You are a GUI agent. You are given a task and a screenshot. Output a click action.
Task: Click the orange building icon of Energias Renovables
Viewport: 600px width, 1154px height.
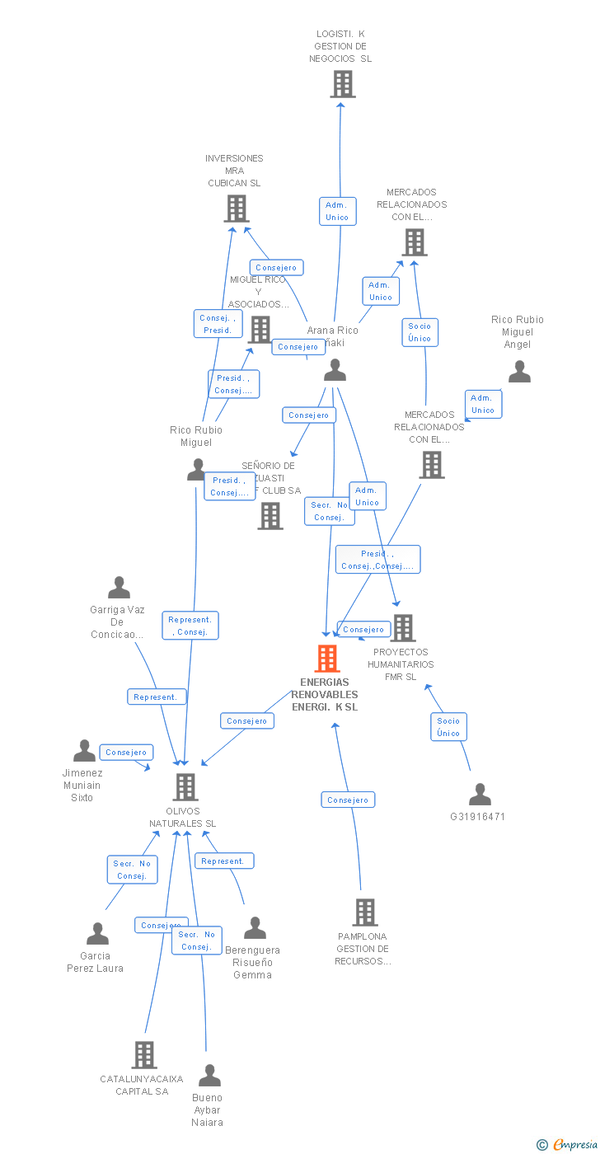(x=327, y=659)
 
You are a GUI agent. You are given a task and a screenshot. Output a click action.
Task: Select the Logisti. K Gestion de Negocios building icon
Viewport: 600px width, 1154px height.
(x=342, y=84)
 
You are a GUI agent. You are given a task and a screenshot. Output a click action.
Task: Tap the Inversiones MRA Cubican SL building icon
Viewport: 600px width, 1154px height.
(x=237, y=209)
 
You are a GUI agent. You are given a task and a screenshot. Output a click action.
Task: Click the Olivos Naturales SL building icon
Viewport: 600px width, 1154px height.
(x=185, y=787)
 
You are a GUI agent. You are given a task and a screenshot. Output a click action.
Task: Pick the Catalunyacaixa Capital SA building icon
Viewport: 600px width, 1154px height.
(x=144, y=1055)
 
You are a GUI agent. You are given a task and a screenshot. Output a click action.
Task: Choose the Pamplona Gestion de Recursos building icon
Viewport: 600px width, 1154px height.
(x=365, y=912)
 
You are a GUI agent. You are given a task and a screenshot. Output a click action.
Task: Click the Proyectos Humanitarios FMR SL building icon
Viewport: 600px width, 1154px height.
(x=402, y=628)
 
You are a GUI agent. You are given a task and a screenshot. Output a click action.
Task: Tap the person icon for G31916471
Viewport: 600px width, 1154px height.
(x=480, y=795)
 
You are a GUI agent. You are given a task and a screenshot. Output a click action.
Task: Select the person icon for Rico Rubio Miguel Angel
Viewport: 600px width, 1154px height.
(x=519, y=372)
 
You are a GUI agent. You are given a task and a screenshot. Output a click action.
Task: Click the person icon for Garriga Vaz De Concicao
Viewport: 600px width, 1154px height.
(x=119, y=588)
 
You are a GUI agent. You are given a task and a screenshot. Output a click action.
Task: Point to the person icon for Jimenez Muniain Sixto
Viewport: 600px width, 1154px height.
(x=84, y=751)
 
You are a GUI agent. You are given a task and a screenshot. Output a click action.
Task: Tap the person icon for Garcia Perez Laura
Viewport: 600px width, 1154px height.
(x=97, y=934)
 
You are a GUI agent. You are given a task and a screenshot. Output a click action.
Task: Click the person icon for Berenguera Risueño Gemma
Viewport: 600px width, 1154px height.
(x=255, y=928)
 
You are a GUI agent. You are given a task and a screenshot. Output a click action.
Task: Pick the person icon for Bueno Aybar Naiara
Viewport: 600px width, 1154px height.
(x=209, y=1076)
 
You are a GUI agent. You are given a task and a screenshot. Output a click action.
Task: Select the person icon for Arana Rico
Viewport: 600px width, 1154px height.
(x=335, y=370)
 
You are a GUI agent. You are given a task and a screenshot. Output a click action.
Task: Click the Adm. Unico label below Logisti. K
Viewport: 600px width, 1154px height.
(x=337, y=211)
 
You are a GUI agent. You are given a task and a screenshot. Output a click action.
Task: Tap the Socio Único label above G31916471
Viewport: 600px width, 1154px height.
(x=448, y=726)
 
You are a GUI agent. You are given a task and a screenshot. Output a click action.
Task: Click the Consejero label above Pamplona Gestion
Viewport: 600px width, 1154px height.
(x=348, y=800)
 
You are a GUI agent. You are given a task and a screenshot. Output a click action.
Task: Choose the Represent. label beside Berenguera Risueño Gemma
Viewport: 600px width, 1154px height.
(x=223, y=861)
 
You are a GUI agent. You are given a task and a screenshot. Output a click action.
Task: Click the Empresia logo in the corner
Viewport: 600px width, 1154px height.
(x=566, y=1143)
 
